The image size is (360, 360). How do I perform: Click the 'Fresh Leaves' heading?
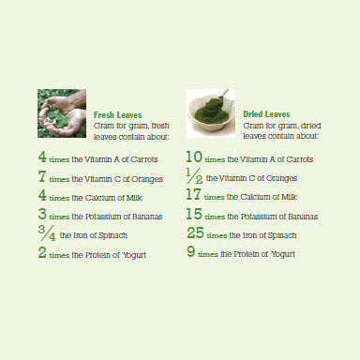117,115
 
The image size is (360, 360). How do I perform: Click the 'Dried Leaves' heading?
266,114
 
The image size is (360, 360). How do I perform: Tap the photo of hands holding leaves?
62,113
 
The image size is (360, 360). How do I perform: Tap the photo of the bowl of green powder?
211,113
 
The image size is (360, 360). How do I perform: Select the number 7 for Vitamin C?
42,176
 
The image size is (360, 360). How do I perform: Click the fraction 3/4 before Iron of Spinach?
47,233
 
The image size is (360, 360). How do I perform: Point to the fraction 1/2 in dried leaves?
194,176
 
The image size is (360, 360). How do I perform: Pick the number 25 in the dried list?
195,232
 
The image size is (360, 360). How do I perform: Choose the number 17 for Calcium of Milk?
193,194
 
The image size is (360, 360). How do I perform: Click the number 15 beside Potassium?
194,214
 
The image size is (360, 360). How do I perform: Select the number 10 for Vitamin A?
194,157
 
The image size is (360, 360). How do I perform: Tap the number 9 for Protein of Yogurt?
191,251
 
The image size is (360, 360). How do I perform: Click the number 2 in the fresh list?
42,252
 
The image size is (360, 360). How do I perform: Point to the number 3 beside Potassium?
42,214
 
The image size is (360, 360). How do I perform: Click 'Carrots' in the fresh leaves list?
144,159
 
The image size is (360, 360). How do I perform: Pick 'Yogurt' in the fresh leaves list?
134,255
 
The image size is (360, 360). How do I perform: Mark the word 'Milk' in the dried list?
289,197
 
